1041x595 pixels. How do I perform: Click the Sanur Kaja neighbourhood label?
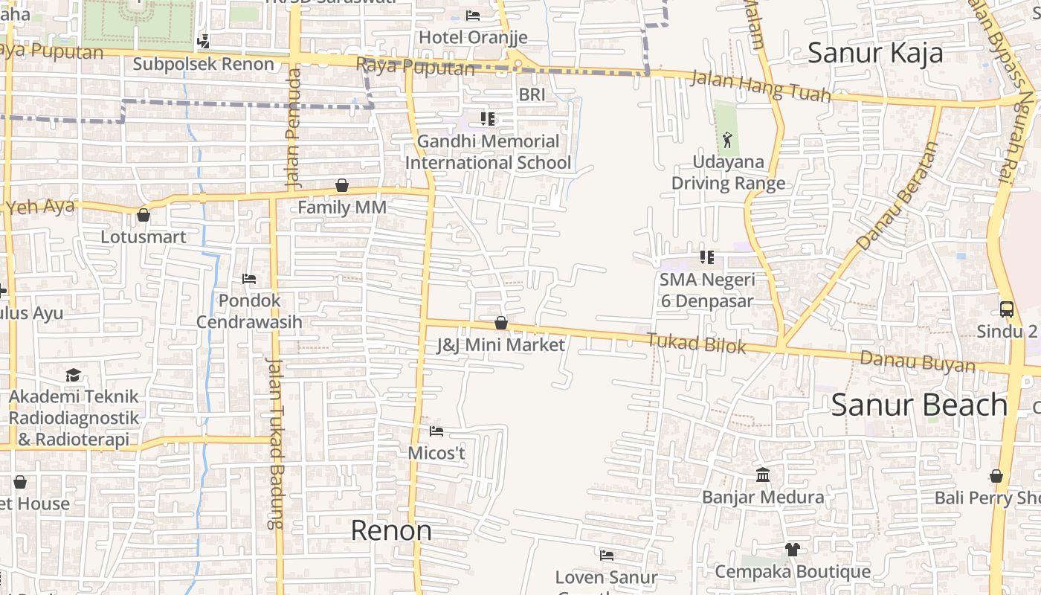pos(875,53)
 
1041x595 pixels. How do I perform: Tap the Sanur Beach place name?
pos(919,405)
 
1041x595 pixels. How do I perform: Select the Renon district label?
pos(391,530)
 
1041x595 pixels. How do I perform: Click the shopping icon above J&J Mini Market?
pos(501,323)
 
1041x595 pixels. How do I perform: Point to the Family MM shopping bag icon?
pos(342,185)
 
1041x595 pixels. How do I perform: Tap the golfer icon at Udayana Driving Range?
pos(727,139)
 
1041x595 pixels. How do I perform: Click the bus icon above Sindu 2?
pos(1007,309)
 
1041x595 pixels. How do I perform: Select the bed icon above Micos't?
pos(436,431)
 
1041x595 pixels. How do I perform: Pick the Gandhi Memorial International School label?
pos(489,152)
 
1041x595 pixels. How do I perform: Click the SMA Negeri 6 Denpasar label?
pos(706,290)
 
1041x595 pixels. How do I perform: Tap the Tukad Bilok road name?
pos(696,344)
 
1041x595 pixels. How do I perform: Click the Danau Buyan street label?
pos(918,362)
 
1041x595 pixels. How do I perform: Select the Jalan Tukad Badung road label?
pos(275,443)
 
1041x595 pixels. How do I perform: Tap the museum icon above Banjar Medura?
pos(763,475)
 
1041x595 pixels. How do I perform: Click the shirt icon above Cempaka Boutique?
pos(792,550)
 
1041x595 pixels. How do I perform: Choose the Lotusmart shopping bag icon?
pos(144,216)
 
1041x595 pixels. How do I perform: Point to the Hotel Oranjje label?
pos(473,37)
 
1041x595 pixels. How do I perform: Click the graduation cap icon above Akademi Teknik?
pos(73,375)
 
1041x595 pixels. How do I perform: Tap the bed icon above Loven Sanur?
pos(607,555)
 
